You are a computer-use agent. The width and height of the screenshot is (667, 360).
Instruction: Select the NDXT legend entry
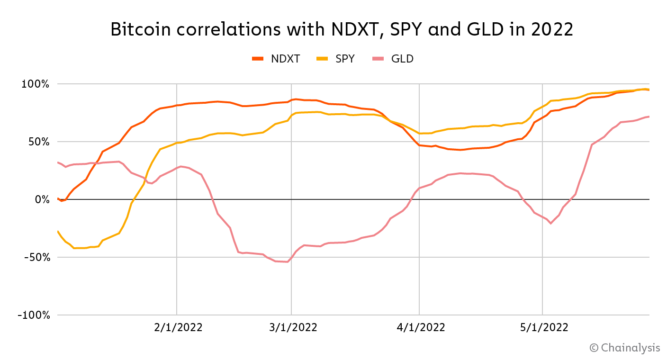point(276,59)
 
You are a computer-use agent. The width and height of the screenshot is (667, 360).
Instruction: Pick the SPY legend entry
point(335,59)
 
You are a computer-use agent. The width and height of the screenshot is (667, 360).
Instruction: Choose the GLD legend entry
point(393,59)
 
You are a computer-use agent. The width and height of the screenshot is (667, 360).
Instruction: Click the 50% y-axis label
point(38,142)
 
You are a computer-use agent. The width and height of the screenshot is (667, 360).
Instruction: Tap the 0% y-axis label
point(42,199)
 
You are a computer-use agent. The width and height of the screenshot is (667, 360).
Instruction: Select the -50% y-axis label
point(36,257)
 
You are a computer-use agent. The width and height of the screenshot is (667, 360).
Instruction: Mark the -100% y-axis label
point(33,315)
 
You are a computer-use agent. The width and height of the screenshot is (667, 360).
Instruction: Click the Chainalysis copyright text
point(625,348)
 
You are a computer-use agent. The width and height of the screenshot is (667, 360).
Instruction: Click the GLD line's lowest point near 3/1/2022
point(287,262)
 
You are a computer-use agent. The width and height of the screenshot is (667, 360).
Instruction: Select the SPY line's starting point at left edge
point(57,231)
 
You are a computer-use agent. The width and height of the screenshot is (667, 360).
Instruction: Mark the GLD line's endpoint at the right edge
point(649,117)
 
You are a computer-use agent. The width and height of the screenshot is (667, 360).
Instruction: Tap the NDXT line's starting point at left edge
point(57,198)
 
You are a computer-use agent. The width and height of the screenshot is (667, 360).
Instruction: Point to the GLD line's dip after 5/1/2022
point(550,223)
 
